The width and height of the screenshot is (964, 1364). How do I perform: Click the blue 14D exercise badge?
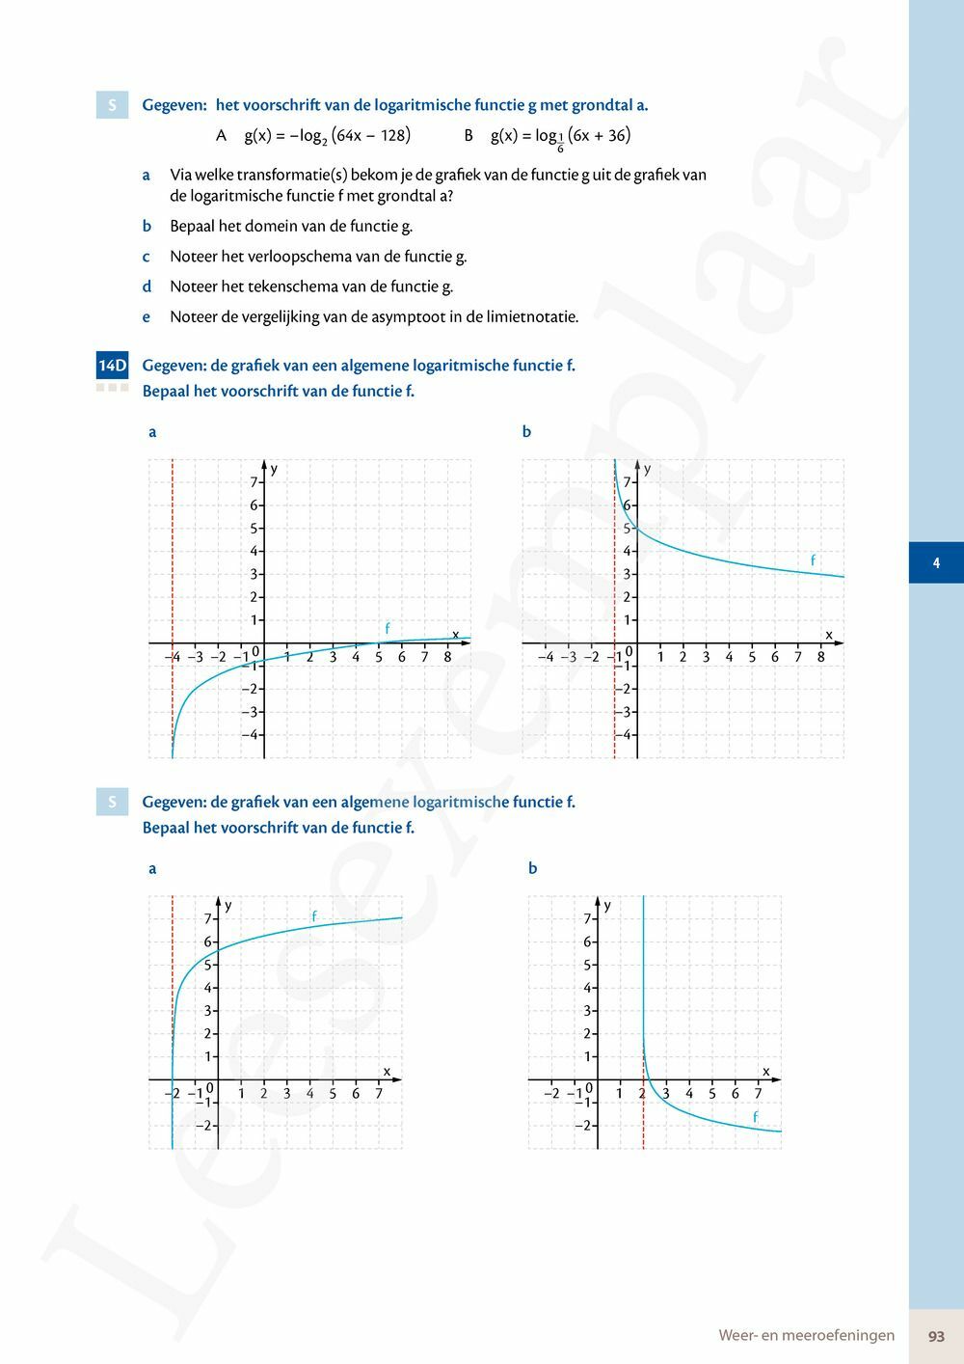112,366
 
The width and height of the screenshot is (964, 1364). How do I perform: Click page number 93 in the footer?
936,1336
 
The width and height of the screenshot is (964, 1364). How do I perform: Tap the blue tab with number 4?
936,562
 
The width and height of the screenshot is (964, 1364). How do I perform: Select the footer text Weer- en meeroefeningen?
806,1336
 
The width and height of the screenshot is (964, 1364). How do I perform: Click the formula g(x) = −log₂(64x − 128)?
327,136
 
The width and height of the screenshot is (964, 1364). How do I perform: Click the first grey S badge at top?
112,105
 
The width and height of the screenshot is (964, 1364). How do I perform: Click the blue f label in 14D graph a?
388,628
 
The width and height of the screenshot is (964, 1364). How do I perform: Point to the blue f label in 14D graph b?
813,560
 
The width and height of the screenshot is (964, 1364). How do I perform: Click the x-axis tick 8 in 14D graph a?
447,657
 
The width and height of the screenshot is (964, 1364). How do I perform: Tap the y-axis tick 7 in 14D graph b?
627,482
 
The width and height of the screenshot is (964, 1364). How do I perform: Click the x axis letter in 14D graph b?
828,634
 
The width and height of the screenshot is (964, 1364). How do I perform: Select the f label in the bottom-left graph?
313,915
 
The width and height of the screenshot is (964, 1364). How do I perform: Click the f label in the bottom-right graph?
755,1117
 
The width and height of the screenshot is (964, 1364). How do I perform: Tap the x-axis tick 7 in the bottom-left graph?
379,1094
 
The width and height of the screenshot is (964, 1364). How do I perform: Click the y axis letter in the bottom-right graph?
607,905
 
